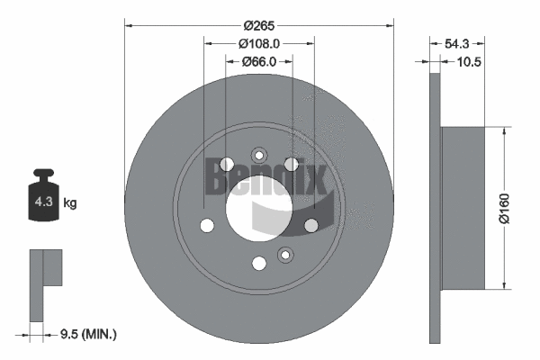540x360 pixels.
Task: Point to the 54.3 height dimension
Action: coord(456,42)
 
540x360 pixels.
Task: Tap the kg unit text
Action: coord(70,203)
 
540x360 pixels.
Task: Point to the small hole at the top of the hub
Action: coord(259,153)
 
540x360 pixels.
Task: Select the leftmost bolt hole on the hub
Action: coord(207,225)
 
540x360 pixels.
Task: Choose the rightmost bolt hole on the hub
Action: coord(311,225)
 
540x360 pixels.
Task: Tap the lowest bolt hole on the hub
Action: coord(259,263)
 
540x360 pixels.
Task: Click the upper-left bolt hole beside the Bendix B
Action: coord(227,163)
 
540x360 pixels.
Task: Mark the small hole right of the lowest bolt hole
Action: coord(285,254)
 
